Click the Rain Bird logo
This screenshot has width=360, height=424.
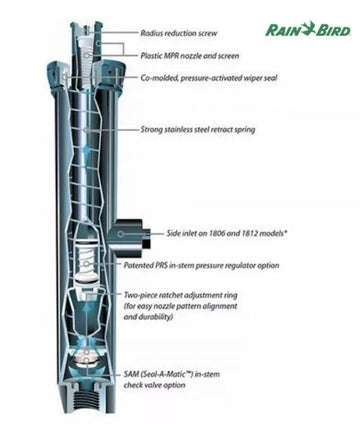click(308, 29)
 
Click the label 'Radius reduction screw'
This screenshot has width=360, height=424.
click(179, 33)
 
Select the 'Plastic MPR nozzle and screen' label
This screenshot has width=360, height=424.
click(190, 56)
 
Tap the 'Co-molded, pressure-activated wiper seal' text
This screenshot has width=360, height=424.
click(209, 78)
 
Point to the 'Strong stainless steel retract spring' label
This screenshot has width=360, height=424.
click(198, 129)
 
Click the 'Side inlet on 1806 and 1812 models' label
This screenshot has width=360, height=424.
click(227, 233)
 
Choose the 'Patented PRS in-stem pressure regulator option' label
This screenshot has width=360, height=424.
click(201, 266)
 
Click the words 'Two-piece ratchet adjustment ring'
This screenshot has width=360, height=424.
click(181, 295)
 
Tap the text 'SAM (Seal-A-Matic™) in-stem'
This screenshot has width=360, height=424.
click(172, 374)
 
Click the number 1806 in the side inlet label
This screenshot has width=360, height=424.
click(217, 233)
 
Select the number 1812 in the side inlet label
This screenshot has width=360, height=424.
click(249, 233)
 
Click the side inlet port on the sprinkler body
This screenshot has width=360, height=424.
click(130, 235)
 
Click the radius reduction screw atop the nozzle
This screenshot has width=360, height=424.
click(87, 30)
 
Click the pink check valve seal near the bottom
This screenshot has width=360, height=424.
click(87, 359)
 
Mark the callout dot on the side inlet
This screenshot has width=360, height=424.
click(121, 234)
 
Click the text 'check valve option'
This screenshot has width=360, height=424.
click(154, 385)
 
